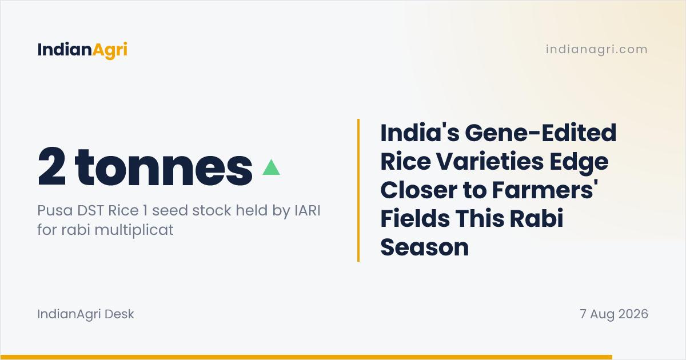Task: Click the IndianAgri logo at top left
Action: point(82,50)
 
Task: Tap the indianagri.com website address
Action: point(597,49)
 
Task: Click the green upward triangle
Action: point(271,167)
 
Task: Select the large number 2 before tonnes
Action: point(51,166)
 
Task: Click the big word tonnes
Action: point(163,168)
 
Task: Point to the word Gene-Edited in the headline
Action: point(541,133)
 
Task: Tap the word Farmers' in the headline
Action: point(545,190)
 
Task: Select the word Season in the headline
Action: point(424,247)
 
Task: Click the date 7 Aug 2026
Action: point(614,314)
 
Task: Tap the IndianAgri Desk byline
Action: point(86,314)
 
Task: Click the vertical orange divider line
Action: point(358,190)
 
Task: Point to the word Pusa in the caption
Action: point(55,211)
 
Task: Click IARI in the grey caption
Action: point(307,211)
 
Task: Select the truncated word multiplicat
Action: point(134,230)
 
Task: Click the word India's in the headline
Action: point(420,133)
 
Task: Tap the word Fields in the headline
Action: point(415,218)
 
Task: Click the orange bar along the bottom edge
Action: point(306,357)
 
